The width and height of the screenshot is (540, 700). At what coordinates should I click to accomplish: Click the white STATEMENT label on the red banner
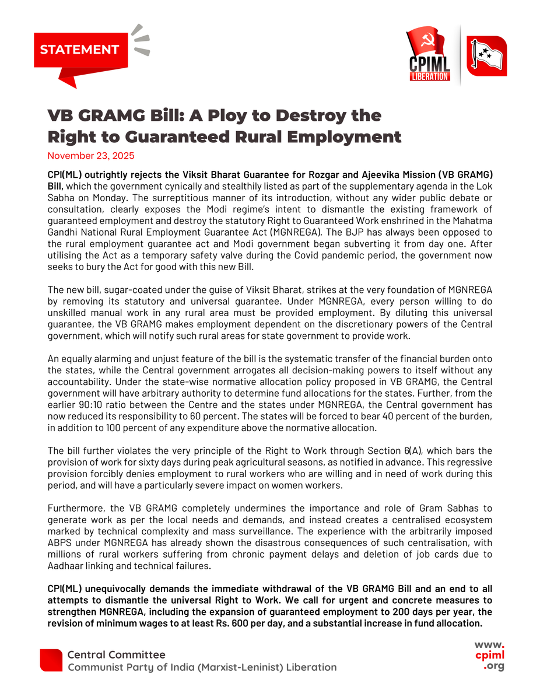click(x=79, y=50)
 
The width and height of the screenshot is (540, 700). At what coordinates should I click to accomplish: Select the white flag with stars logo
click(x=486, y=55)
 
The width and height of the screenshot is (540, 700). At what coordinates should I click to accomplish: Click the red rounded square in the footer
click(x=51, y=660)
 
